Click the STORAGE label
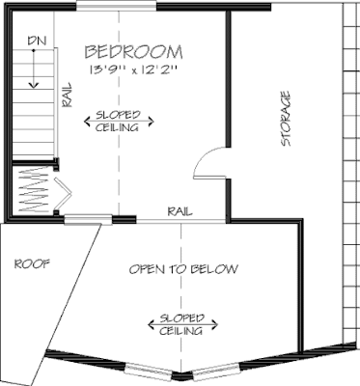coord(286,118)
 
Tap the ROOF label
coord(32,262)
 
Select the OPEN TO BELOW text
coord(183,268)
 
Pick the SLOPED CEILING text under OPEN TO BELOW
coord(180,324)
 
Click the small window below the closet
coord(84,221)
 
